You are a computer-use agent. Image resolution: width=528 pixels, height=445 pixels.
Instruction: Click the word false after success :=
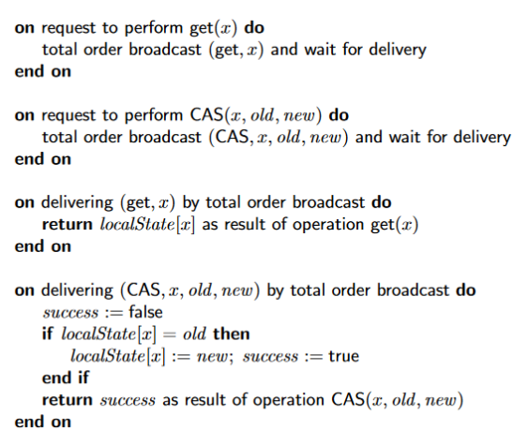click(x=145, y=312)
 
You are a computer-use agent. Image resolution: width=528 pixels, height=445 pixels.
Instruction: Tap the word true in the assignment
click(x=344, y=356)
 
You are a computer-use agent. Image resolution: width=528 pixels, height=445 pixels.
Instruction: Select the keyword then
click(x=232, y=334)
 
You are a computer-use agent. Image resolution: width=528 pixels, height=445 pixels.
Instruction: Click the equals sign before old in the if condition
click(x=170, y=334)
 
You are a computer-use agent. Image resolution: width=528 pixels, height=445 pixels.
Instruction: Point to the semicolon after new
click(x=231, y=358)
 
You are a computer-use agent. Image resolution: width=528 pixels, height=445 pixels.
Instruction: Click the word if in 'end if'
click(x=83, y=378)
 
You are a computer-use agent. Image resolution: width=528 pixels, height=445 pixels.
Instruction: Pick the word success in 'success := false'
click(x=70, y=313)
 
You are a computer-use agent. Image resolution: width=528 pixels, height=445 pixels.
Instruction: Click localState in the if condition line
click(x=98, y=334)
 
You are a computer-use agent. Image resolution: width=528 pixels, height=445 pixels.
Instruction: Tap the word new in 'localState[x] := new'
click(x=212, y=357)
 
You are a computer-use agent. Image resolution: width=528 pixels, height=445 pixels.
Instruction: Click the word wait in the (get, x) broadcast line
click(x=320, y=49)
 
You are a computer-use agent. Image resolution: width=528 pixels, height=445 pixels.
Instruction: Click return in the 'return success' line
click(x=67, y=400)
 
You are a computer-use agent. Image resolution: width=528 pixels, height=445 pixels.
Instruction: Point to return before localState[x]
click(x=67, y=225)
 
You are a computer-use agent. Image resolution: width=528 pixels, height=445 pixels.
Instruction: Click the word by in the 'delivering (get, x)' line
click(x=190, y=203)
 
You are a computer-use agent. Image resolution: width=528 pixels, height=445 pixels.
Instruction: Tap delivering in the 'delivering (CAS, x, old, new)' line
click(x=77, y=291)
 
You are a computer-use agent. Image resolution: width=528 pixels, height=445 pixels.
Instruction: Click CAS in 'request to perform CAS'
click(x=206, y=115)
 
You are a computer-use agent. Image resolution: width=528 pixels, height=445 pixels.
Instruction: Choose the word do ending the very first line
click(x=254, y=27)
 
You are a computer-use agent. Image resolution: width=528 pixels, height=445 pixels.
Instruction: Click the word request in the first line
click(x=68, y=29)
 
